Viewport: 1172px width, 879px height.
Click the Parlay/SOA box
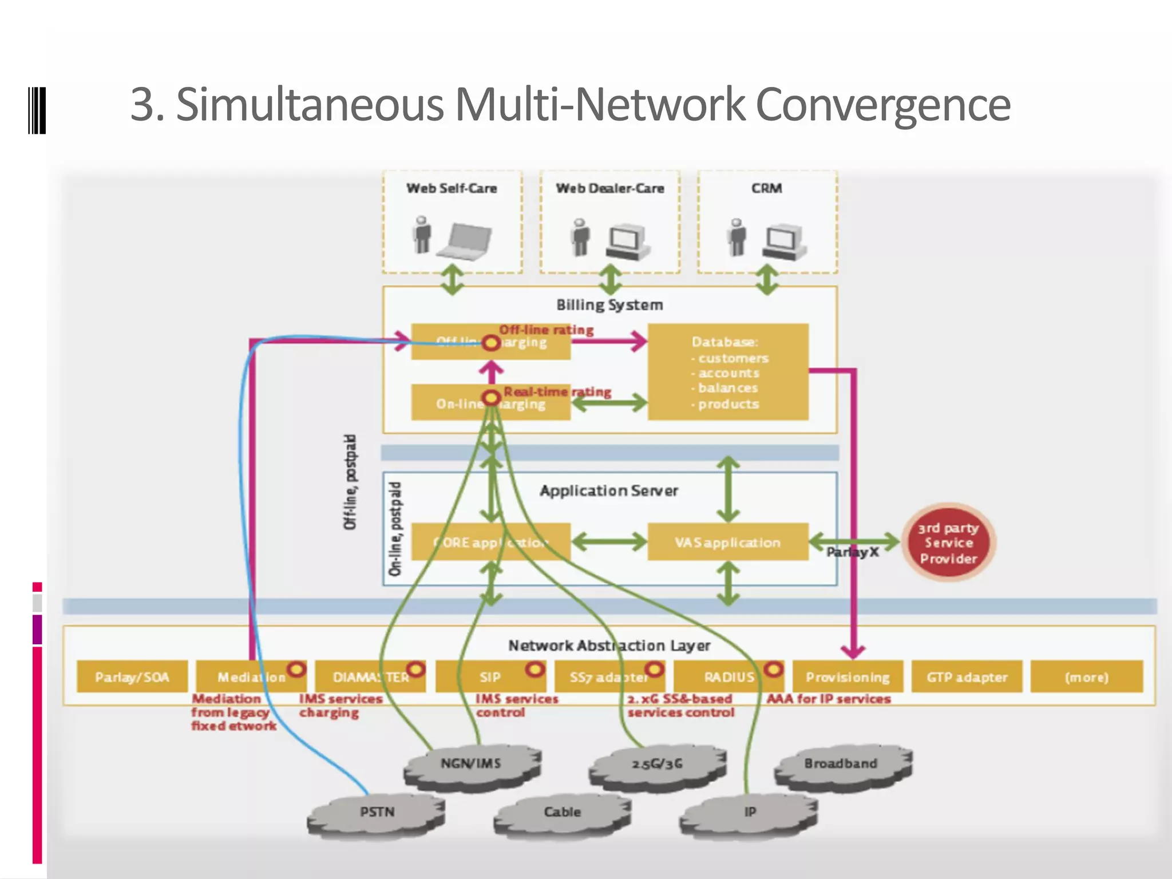pos(132,676)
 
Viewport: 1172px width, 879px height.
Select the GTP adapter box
pos(967,676)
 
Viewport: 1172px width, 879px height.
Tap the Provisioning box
pos(848,676)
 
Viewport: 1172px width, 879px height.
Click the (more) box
pos(1086,676)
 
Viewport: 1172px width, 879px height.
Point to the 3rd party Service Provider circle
pos(948,543)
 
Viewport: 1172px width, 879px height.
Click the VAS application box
pos(727,541)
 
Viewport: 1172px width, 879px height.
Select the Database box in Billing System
pos(727,372)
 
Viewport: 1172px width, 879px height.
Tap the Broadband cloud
pos(841,765)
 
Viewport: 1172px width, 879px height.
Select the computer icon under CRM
pos(783,242)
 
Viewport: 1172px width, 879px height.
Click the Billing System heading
pos(609,305)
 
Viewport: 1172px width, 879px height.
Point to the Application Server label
pos(608,490)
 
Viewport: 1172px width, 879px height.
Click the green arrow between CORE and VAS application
pos(609,541)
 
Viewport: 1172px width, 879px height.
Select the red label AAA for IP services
pos(829,699)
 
